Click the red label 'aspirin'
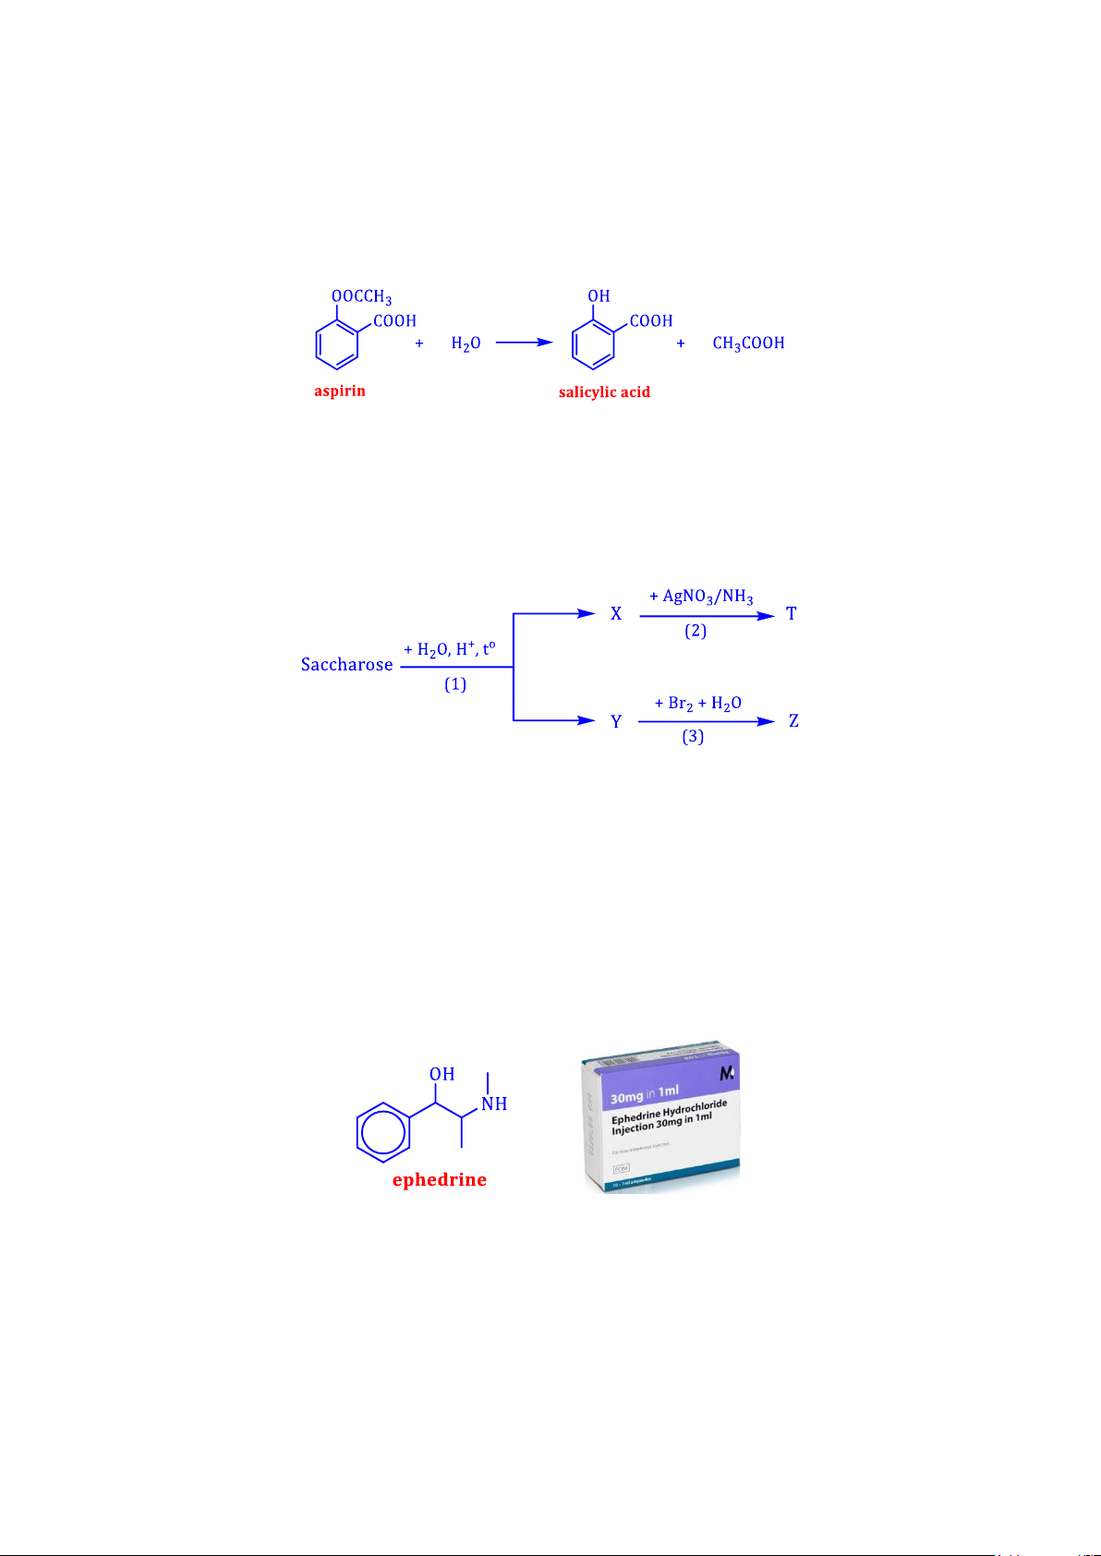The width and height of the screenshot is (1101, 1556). point(339,391)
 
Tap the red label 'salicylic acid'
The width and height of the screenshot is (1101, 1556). point(604,392)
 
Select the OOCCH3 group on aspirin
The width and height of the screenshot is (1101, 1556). point(361,296)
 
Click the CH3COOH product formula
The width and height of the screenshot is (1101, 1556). point(748,344)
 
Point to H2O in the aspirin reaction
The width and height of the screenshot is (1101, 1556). point(466,344)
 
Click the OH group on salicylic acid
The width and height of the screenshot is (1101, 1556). point(599,296)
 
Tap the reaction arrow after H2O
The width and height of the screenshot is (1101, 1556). point(524,343)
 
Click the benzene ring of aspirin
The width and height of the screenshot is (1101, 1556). point(336,344)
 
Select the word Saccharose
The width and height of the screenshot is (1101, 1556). point(346,665)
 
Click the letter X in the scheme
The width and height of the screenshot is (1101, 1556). point(616,614)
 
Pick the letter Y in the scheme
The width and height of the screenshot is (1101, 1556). point(616,721)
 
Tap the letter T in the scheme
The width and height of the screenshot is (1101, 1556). point(792,613)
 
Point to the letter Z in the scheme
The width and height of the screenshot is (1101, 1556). point(793,721)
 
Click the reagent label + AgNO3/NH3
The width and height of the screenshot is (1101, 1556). point(701,597)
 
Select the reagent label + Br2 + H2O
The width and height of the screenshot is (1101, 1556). point(697,704)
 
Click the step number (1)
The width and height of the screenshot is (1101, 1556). point(455,684)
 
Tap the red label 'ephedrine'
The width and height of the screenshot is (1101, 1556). point(439,1180)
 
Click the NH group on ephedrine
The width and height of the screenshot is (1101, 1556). point(494,1104)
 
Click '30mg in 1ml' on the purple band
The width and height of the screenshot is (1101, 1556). point(645,1095)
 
